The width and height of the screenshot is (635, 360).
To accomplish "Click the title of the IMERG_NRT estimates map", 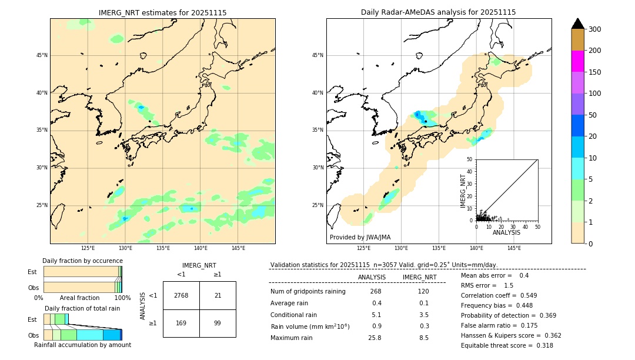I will pyautogui.click(x=162, y=12).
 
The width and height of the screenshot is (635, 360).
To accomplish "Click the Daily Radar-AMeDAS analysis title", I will pyautogui.click(x=438, y=12).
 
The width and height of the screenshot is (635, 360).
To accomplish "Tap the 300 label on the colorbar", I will pyautogui.click(x=594, y=29).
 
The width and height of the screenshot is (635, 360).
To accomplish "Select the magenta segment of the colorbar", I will pyautogui.click(x=577, y=61).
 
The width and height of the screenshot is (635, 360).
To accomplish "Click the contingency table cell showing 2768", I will pyautogui.click(x=181, y=295).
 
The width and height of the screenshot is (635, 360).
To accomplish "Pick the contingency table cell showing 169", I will pyautogui.click(x=181, y=323).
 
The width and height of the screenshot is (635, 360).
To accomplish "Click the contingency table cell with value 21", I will pyautogui.click(x=218, y=295).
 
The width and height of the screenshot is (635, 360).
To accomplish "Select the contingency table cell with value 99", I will pyautogui.click(x=218, y=323).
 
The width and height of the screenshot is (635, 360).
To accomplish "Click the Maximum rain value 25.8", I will pyautogui.click(x=375, y=338).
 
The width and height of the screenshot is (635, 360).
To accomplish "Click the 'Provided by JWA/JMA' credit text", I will pyautogui.click(x=360, y=238).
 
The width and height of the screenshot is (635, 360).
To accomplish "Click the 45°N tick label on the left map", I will pyautogui.click(x=42, y=55).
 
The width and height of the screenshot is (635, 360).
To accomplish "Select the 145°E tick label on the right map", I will pyautogui.click(x=514, y=248).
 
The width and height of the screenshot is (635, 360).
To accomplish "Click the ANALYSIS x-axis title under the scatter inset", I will pyautogui.click(x=506, y=233).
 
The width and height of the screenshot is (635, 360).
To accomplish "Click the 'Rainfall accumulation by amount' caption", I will pyautogui.click(x=82, y=345).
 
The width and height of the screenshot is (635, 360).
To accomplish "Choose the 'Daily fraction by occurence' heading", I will pyautogui.click(x=82, y=261).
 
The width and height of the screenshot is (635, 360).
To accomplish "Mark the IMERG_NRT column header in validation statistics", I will pyautogui.click(x=419, y=277).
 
